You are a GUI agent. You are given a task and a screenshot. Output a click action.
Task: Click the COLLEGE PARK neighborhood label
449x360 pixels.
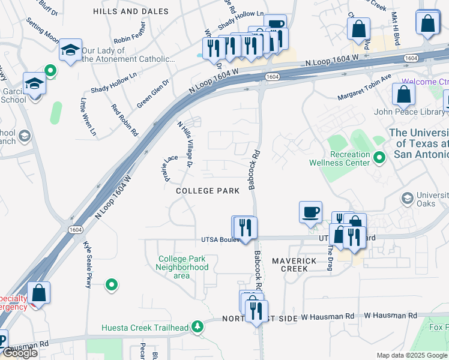tap(207, 191)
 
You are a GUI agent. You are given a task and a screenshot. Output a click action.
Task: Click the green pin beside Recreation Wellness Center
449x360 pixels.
tap(379, 158)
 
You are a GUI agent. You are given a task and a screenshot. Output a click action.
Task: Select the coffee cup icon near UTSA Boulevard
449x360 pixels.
tap(310, 211)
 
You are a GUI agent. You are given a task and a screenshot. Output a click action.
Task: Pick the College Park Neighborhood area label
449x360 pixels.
tap(183, 267)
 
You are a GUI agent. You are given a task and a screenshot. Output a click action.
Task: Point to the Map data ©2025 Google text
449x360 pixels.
tap(412, 355)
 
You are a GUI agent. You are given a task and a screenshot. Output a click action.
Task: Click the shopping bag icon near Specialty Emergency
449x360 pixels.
tap(38, 293)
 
